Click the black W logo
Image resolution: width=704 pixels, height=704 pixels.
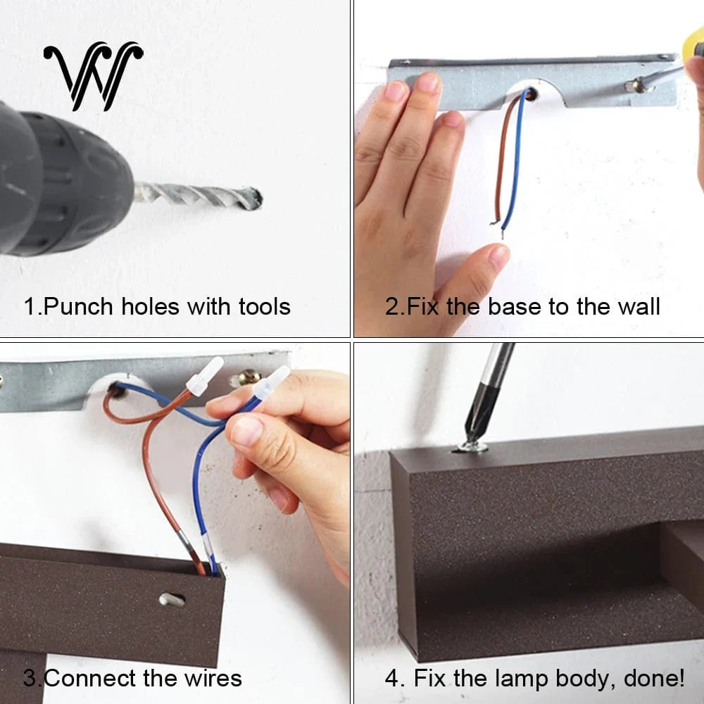pos(93,75)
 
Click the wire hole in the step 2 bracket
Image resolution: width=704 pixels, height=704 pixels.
pos(530,94)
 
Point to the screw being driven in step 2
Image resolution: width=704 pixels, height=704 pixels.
pos(635,85)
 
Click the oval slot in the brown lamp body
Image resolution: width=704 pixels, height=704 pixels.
pos(172,600)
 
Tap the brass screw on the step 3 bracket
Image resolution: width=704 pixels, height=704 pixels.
pos(247,379)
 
